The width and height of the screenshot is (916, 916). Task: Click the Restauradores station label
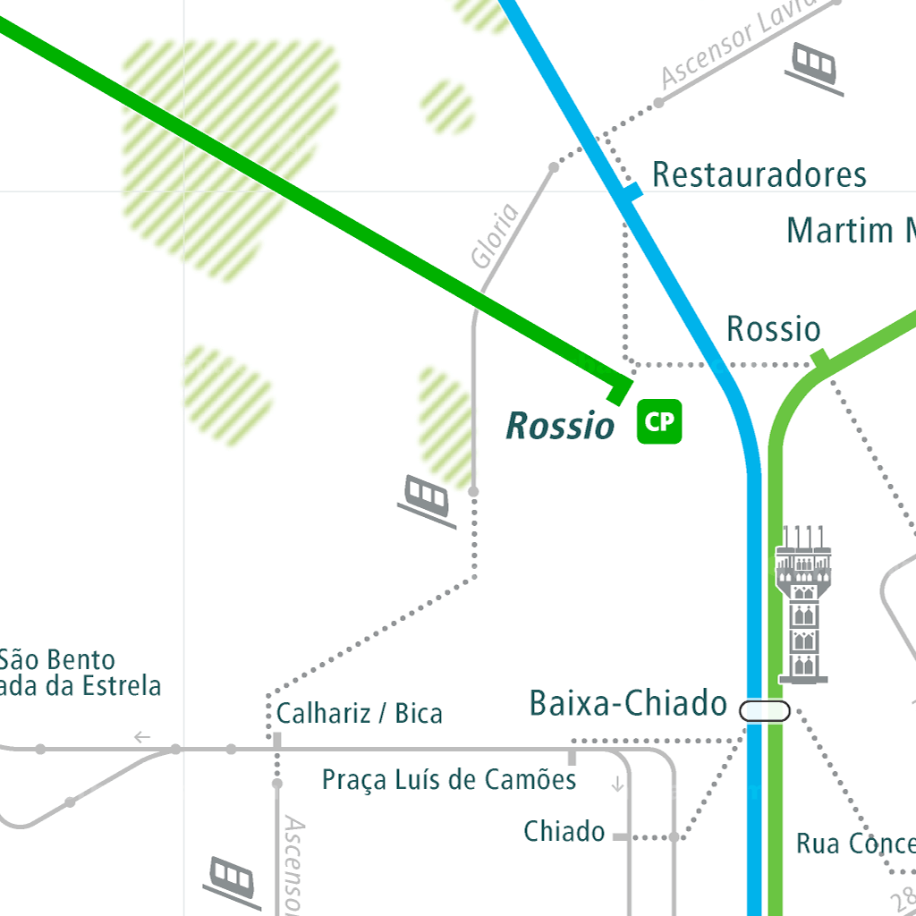(x=759, y=174)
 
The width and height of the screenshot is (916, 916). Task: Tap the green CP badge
(x=659, y=422)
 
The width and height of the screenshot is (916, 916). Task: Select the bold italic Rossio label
(x=561, y=426)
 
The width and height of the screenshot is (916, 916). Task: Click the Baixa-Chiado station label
(x=628, y=704)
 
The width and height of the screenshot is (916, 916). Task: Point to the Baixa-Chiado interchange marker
(x=764, y=711)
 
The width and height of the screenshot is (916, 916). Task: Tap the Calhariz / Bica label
(x=360, y=714)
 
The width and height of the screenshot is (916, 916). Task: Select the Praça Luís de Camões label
(x=449, y=780)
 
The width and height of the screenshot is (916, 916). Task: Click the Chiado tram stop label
(x=564, y=832)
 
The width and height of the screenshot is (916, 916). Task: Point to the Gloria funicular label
(x=495, y=236)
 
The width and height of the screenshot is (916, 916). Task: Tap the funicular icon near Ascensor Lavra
(x=815, y=67)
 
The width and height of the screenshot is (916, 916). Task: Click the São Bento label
(x=58, y=661)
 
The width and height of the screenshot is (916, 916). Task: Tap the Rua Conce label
(x=855, y=844)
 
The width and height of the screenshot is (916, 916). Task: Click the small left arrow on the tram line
(x=141, y=738)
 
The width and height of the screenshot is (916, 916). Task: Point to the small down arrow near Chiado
(x=616, y=785)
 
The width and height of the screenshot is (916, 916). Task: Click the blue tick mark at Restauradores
(x=632, y=192)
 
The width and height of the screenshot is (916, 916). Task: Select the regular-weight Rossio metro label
(x=773, y=329)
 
